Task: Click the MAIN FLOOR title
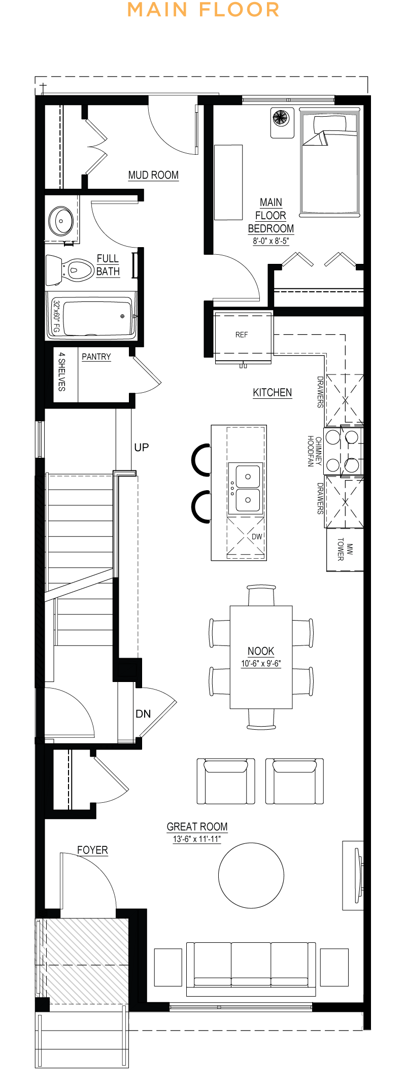pos(203,10)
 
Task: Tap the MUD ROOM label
pos(153,175)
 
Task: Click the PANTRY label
pos(96,357)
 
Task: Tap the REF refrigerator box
pos(243,335)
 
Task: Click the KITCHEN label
pos(273,392)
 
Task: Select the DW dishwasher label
pos(257,536)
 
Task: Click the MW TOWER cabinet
pos(345,550)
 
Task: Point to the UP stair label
pos(142,447)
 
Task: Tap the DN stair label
pos(143,713)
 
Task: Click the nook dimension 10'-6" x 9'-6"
pos(261,663)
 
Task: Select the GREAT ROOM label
pos(197,827)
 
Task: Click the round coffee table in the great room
pos(251,875)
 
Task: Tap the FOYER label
pos(92,850)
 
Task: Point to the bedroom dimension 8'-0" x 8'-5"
pos(271,241)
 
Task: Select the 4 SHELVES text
pos(61,371)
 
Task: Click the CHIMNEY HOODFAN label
pos(315,451)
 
